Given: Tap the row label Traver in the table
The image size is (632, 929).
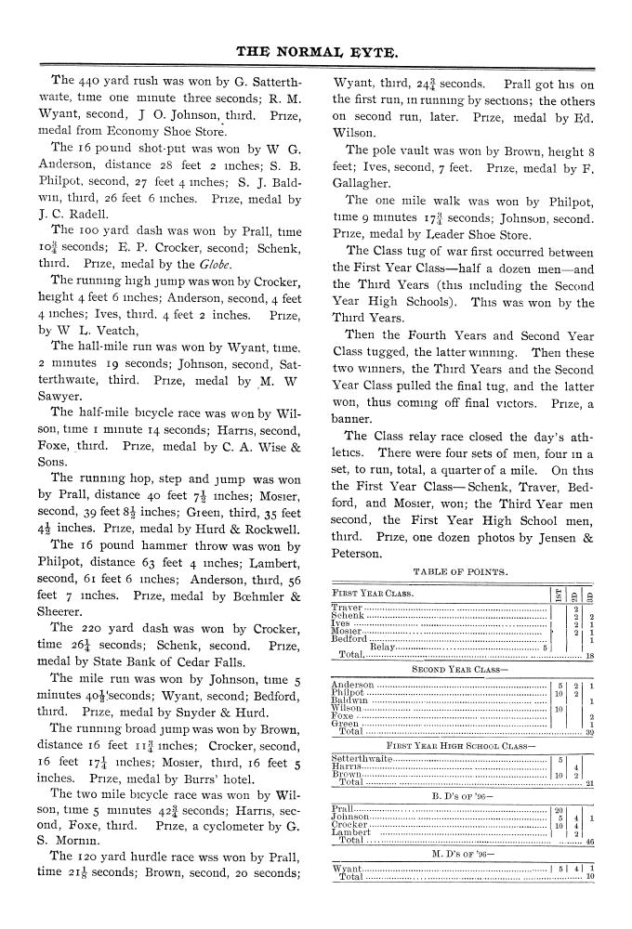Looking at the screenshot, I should pyautogui.click(x=349, y=608).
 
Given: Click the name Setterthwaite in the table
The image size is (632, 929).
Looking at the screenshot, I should pyautogui.click(x=362, y=760).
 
